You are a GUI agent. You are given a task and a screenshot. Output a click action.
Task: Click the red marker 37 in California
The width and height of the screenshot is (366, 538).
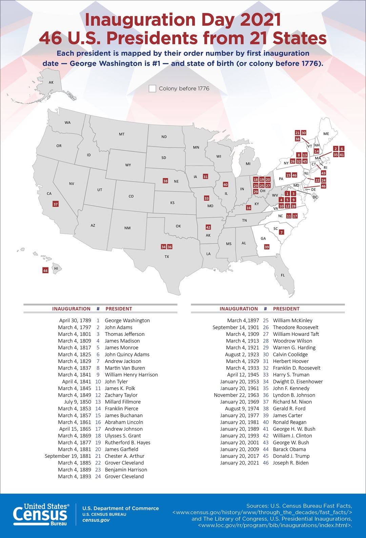[56, 204]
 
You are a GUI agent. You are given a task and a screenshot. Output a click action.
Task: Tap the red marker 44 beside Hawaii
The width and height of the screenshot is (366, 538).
[45, 271]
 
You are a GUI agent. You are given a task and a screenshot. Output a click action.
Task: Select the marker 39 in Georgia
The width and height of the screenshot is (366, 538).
[267, 247]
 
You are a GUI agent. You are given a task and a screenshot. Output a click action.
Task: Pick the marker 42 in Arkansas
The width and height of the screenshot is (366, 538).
[208, 227]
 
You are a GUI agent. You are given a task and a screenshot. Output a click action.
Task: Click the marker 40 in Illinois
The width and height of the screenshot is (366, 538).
[225, 185]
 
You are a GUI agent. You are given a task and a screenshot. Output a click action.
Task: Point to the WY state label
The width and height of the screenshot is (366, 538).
[128, 165]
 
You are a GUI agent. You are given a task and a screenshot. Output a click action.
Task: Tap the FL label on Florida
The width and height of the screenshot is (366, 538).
[283, 275]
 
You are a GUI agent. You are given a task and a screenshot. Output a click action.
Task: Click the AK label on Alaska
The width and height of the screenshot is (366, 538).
[51, 82]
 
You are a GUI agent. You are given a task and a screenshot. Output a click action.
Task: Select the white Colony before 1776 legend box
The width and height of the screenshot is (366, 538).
[152, 89]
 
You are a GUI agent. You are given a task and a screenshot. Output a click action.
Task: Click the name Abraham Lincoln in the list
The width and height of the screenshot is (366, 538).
[124, 422]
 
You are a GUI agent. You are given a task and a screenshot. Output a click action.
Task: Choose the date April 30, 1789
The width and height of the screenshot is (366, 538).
[75, 320]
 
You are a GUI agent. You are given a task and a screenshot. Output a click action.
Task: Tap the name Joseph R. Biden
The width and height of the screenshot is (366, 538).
[290, 463]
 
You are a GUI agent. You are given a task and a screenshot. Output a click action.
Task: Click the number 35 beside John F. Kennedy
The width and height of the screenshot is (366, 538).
[266, 388]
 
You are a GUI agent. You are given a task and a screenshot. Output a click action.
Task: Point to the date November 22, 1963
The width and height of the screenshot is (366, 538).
[236, 395]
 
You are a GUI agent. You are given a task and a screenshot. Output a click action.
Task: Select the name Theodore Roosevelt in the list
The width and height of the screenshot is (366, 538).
[296, 327]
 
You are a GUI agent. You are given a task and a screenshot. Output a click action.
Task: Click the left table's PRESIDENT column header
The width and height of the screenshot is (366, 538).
[119, 309]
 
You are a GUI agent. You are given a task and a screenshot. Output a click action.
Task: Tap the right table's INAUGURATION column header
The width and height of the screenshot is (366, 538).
[239, 309]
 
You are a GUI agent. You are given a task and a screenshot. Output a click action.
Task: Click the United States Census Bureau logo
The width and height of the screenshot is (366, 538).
[41, 514]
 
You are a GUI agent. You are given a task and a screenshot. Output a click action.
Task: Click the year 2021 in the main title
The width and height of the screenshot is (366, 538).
[260, 20]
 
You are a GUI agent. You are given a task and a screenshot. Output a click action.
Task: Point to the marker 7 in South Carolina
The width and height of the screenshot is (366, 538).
[281, 232]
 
